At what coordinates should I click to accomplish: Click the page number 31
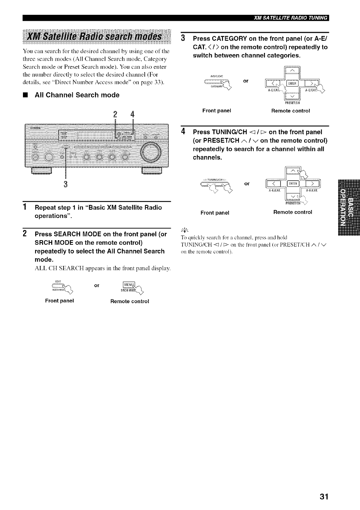tap(324, 496)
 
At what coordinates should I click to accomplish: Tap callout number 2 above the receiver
tap(115, 115)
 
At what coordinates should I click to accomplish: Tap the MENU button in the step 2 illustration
tap(126, 285)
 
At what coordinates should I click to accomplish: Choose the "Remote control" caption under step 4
tap(293, 212)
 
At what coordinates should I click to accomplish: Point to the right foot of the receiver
tap(151, 171)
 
